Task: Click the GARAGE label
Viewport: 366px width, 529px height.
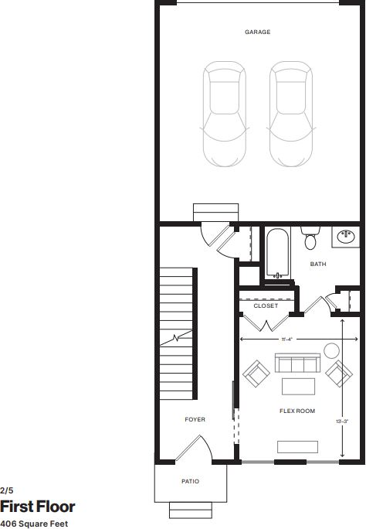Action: tap(257, 32)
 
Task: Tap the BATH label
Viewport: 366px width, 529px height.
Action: tap(318, 264)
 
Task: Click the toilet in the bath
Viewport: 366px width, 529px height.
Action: tap(310, 240)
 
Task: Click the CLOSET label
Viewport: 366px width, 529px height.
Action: tap(266, 306)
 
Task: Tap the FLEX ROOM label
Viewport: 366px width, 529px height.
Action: tap(297, 411)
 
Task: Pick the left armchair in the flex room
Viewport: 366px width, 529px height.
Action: tap(256, 374)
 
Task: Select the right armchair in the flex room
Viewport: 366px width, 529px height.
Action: tap(337, 374)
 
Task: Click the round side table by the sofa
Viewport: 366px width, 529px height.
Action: tap(331, 350)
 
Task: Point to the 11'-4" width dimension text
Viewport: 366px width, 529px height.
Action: tap(286, 339)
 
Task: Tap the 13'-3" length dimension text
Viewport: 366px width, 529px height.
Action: tap(343, 421)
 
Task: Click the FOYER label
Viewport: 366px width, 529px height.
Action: tap(195, 419)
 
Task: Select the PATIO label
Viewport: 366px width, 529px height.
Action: tap(190, 482)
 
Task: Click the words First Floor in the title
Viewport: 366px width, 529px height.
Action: tap(38, 507)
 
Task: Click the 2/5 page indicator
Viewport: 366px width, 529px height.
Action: tap(7, 490)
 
